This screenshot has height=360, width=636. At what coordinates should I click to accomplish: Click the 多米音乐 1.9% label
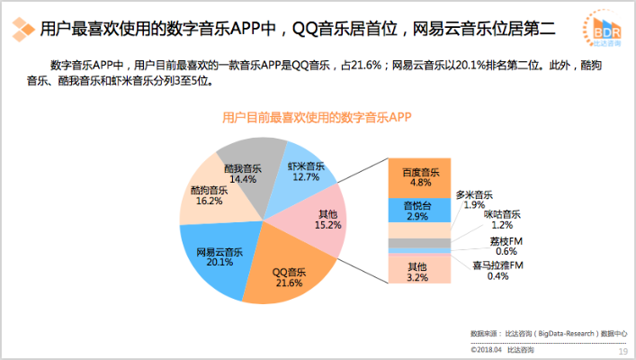click(x=474, y=200)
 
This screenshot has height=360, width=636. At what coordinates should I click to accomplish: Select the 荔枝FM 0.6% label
click(x=506, y=246)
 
